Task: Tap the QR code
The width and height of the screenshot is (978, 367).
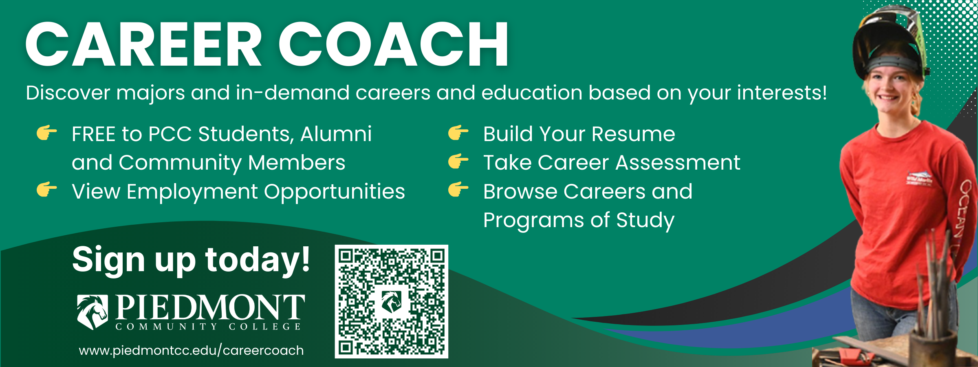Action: click(x=391, y=301)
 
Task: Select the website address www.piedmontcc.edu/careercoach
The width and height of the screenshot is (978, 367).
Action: click(x=191, y=350)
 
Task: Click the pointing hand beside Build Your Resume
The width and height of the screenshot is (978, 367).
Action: click(x=458, y=133)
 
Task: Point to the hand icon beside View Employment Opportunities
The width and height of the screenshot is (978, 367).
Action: click(x=47, y=190)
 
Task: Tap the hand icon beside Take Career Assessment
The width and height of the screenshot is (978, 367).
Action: click(x=458, y=161)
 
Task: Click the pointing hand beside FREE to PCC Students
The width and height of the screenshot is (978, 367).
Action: click(x=47, y=133)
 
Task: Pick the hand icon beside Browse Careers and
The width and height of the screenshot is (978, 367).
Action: click(x=458, y=190)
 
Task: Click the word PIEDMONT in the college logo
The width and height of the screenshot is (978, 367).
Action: click(x=210, y=307)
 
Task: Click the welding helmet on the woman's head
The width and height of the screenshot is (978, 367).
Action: click(x=890, y=43)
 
